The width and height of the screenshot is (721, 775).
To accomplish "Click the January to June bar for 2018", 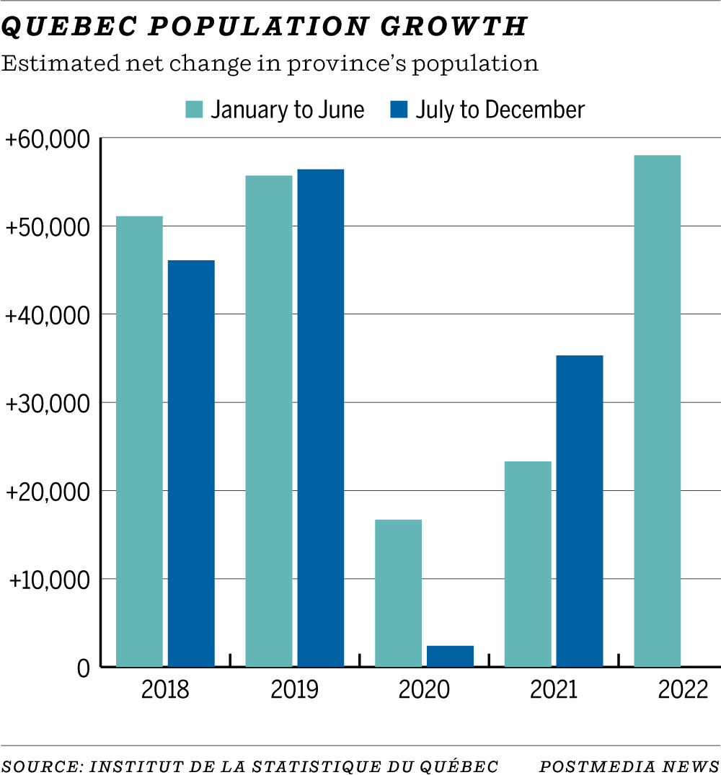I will [139, 441].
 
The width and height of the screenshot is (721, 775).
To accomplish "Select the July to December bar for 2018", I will [191, 464].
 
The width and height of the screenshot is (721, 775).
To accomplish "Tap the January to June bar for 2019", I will [269, 421].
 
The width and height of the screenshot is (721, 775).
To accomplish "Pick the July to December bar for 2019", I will [321, 418].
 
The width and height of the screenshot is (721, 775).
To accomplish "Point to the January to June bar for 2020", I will [399, 593].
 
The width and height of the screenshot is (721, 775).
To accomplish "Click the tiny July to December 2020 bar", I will [451, 656].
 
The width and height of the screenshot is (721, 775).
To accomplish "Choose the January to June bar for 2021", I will [528, 564].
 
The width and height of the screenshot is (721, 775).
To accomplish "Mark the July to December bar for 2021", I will [580, 510].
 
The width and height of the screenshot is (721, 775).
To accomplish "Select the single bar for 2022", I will [657, 411].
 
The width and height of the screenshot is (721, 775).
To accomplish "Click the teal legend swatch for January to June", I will [195, 110].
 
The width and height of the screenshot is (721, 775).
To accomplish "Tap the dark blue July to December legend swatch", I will [399, 110].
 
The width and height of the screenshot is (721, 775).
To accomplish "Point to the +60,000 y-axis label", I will [48, 139].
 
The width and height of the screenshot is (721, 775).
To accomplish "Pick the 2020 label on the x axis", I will [424, 690].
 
